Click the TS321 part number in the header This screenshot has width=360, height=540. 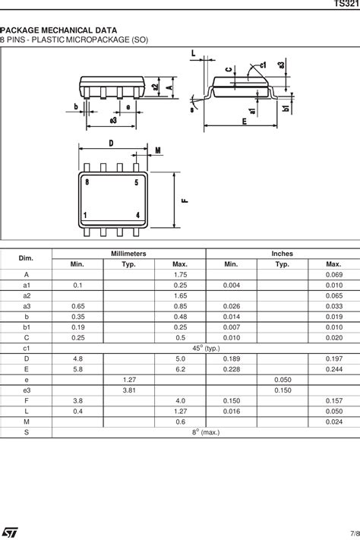pos(346,5)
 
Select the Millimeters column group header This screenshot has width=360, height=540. pos(128,254)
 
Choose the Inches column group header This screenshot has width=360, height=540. pos(282,254)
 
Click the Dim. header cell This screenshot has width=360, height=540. pos(27,258)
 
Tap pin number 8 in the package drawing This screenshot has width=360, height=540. pos(87,182)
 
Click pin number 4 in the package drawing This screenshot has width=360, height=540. pos(136,216)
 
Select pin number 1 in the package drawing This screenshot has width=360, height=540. pos(87,216)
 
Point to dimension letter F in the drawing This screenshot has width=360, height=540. pos(185,201)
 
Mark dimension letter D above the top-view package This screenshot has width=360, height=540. pos(111,143)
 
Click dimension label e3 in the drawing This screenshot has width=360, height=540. pos(113,120)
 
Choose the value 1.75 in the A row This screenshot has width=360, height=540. pos(180,274)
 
